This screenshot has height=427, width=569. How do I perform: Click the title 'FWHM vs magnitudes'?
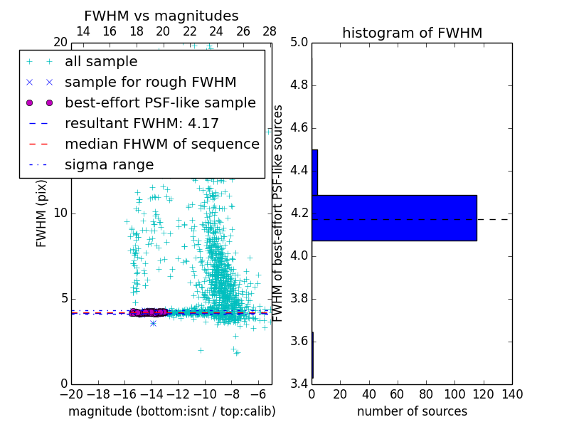pyautogui.click(x=161, y=16)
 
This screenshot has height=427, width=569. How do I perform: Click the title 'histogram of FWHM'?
pyautogui.click(x=412, y=33)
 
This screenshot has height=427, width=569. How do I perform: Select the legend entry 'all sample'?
pyautogui.click(x=101, y=62)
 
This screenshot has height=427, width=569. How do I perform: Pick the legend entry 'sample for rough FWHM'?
pyautogui.click(x=150, y=82)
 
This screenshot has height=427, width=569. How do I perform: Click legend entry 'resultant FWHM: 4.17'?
pyautogui.click(x=142, y=123)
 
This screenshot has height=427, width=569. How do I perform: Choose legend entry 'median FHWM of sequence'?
pyautogui.click(x=161, y=144)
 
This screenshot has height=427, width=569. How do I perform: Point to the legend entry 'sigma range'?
pyautogui.click(x=109, y=164)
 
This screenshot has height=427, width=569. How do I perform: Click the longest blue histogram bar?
pyautogui.click(x=394, y=218)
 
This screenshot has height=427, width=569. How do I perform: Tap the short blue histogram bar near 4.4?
pyautogui.click(x=314, y=172)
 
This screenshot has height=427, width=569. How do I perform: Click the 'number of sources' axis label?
pyautogui.click(x=412, y=411)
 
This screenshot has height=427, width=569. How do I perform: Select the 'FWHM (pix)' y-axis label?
pyautogui.click(x=42, y=213)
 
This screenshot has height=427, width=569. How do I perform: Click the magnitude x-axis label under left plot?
pyautogui.click(x=171, y=411)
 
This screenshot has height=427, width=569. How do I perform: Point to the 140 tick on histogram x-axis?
pyautogui.click(x=512, y=394)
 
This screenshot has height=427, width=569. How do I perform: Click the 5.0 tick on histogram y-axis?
pyautogui.click(x=299, y=43)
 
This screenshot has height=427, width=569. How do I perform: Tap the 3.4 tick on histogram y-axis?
pyautogui.click(x=299, y=384)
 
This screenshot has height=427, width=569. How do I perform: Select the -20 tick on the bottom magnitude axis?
pyautogui.click(x=71, y=394)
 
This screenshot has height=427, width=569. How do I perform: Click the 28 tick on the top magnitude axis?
pyautogui.click(x=270, y=31)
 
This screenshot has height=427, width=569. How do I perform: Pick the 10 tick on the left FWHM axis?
pyautogui.click(x=60, y=213)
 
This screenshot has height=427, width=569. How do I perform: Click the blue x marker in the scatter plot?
pyautogui.click(x=153, y=323)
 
